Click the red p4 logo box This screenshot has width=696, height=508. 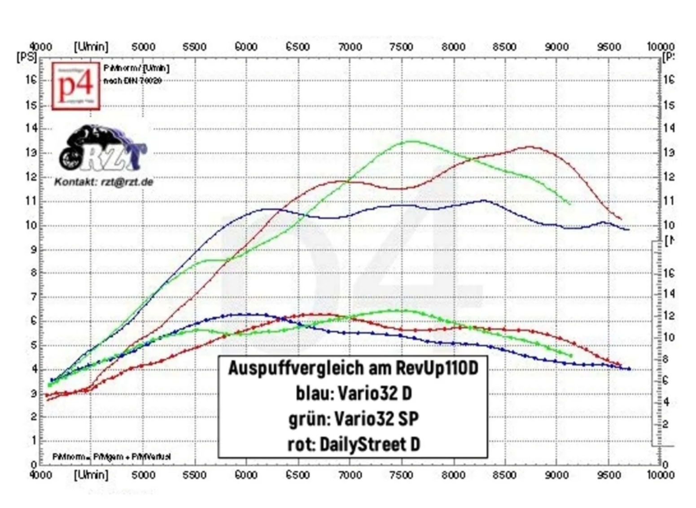coord(75,86)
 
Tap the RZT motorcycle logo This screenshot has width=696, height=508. coord(102,148)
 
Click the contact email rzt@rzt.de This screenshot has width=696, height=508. coord(126,182)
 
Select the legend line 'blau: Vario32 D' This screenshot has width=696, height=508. coord(353,393)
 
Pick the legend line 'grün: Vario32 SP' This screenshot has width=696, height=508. coord(353,419)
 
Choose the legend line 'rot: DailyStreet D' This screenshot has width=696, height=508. coord(353,444)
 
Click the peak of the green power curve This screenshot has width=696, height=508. coord(411,141)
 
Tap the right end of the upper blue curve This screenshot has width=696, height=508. coord(628,230)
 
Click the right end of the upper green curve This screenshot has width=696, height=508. coord(570,204)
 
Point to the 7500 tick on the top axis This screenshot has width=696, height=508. coord(401,47)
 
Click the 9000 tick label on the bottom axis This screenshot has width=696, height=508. coord(556,475)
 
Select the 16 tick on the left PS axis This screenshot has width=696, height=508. coord(31,80)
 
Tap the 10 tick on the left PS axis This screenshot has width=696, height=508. coord(31,225)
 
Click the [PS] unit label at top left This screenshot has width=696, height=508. coord(26,57)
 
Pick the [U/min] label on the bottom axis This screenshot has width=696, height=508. coord(91,474)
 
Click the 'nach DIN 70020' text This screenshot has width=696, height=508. coord(132,81)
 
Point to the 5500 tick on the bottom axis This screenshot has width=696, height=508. coord(194,475)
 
